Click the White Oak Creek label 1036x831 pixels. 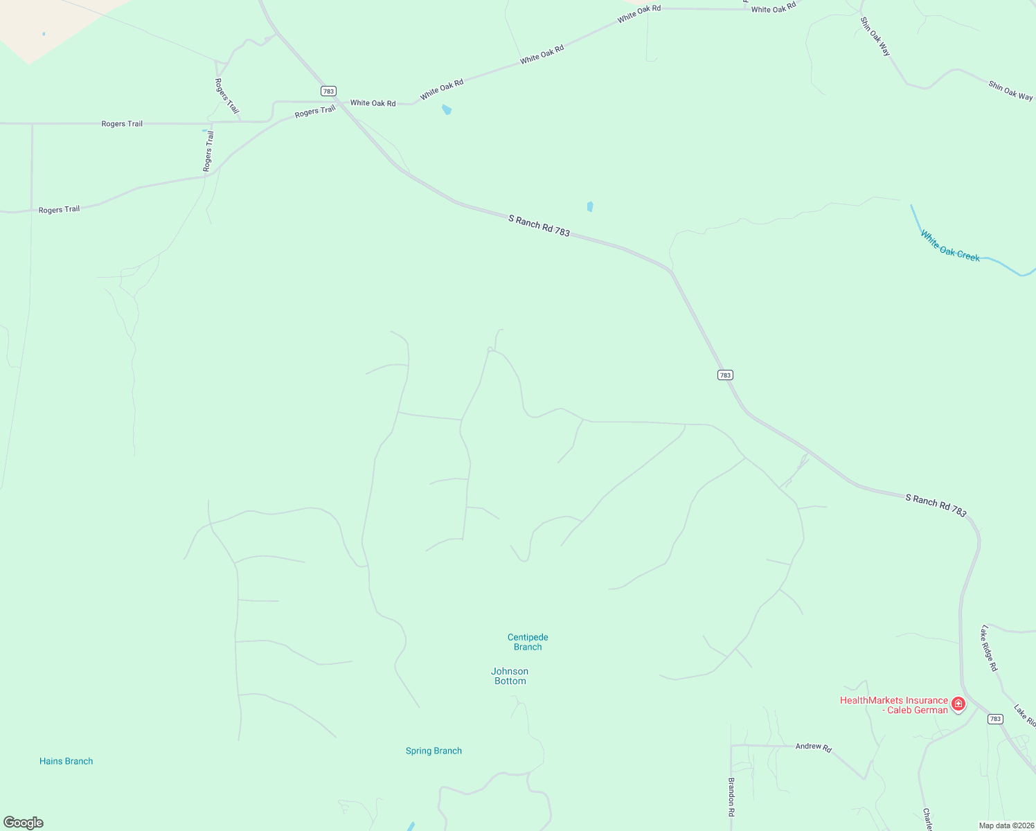(950, 247)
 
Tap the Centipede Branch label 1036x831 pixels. (528, 642)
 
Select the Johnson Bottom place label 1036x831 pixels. (510, 676)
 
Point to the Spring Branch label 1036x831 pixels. (434, 751)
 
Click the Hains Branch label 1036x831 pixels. (66, 761)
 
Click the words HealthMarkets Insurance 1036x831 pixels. (893, 700)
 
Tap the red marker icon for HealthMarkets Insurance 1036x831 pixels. (958, 704)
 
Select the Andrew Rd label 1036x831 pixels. (813, 747)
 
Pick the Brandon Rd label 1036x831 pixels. (731, 796)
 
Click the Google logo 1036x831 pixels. (24, 823)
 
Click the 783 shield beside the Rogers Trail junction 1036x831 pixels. (328, 91)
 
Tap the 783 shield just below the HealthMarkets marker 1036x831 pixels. (995, 719)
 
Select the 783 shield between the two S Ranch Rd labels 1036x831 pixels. (724, 375)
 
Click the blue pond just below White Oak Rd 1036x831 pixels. (447, 109)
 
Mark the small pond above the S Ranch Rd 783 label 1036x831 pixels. (590, 206)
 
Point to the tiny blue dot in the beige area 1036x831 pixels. (44, 34)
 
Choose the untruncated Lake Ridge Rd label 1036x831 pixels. (989, 648)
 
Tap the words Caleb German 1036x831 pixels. (918, 710)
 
